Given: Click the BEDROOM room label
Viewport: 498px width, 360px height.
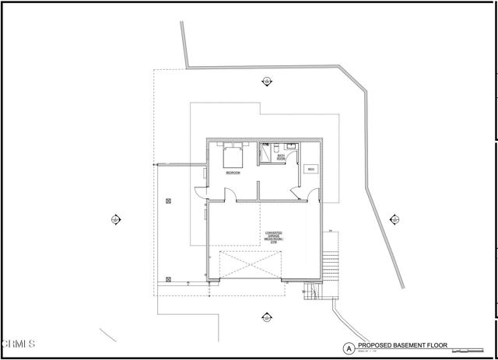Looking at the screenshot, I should pyautogui.click(x=232, y=173).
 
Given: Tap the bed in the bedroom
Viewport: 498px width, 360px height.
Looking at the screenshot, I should pyautogui.click(x=233, y=156).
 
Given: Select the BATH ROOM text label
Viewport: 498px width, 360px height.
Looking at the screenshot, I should pyautogui.click(x=282, y=157).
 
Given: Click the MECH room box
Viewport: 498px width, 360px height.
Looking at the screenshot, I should pyautogui.click(x=310, y=170).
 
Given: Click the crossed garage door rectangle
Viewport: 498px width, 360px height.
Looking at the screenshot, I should pyautogui.click(x=250, y=266).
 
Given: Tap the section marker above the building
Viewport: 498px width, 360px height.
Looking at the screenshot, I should pyautogui.click(x=267, y=80).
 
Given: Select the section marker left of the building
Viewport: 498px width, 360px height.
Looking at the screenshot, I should pyautogui.click(x=116, y=218).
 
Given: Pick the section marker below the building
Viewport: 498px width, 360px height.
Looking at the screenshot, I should pyautogui.click(x=267, y=316).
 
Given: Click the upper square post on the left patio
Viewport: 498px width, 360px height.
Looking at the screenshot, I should pyautogui.click(x=168, y=201).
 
